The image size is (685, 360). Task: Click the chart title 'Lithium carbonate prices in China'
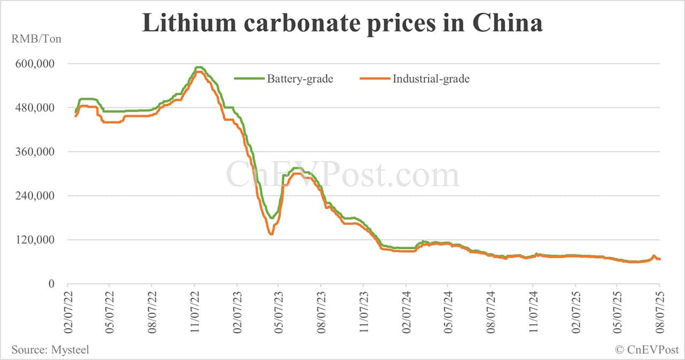(x=342, y=23)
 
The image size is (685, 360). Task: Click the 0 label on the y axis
(x=52, y=284)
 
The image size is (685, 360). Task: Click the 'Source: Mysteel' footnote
(x=50, y=350)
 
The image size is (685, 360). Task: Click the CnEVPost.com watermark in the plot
(x=342, y=175)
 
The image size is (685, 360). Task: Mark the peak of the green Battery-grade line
(x=199, y=67)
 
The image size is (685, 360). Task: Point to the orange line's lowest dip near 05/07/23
(x=271, y=234)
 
